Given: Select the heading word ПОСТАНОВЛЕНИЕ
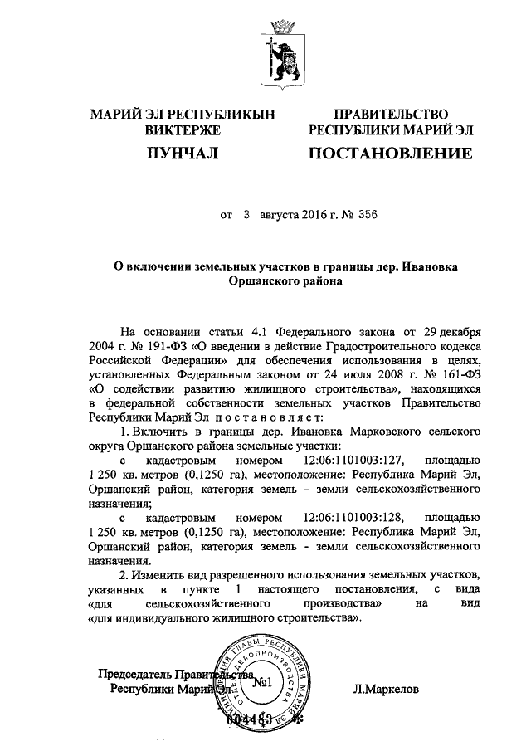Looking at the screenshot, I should (x=391, y=153).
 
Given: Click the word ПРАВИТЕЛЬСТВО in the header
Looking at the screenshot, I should (x=391, y=114).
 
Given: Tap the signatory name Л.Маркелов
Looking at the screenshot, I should (x=386, y=688).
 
